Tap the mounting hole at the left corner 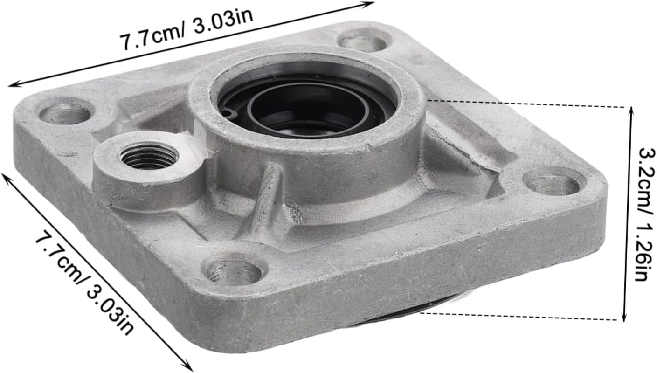pos(65,113)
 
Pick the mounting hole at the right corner pos(552,184)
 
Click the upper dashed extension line pos(527,104)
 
